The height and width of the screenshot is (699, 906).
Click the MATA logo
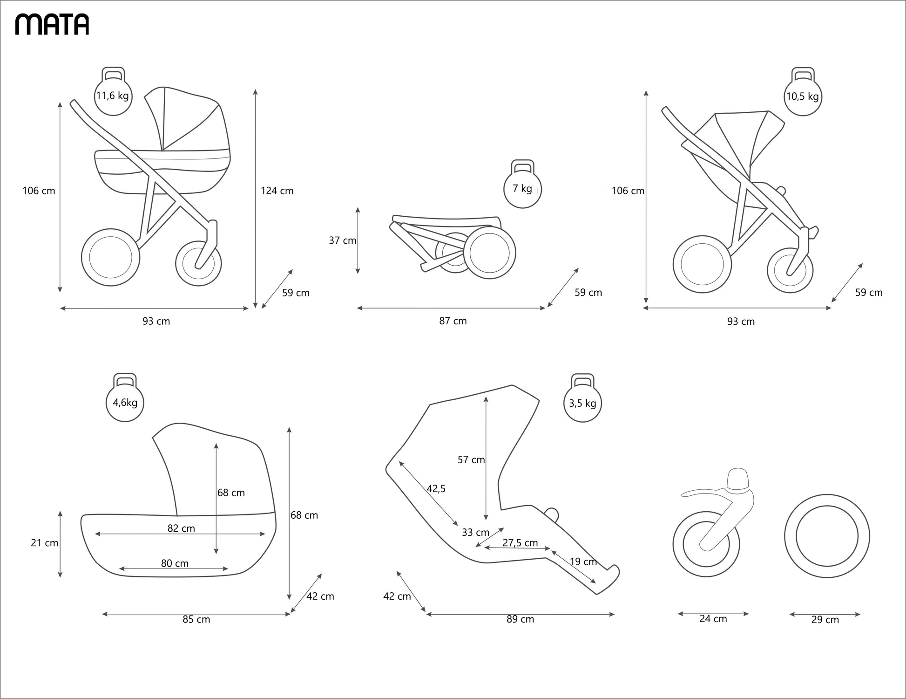coord(52,24)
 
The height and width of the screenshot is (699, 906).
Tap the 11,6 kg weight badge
coord(113,96)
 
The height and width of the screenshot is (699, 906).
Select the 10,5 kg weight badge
coord(802,96)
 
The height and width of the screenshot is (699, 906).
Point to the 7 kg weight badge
coord(522,189)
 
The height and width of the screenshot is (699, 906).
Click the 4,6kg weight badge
coord(125,403)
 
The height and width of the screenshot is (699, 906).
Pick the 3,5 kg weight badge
coord(582,403)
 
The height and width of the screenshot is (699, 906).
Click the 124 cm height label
coord(277,191)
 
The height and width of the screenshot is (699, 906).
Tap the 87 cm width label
coord(453,321)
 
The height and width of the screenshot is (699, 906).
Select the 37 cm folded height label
coord(342,240)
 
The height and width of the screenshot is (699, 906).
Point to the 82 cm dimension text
coord(181,528)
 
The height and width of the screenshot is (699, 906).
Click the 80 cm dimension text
coord(175,563)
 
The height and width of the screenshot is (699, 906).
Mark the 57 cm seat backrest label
coord(471,460)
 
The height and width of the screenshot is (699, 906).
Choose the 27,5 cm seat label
coord(520,543)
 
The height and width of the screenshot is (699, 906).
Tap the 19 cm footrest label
coord(583,562)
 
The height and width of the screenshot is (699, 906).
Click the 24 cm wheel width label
coord(713,619)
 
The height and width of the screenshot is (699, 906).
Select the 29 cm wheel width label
coord(825,620)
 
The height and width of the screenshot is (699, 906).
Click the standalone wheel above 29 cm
coord(827,536)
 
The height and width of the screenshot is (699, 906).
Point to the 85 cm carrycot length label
coord(196,619)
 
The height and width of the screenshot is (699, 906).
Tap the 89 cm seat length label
coord(520,619)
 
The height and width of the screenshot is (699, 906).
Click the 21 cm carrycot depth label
coord(45,543)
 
